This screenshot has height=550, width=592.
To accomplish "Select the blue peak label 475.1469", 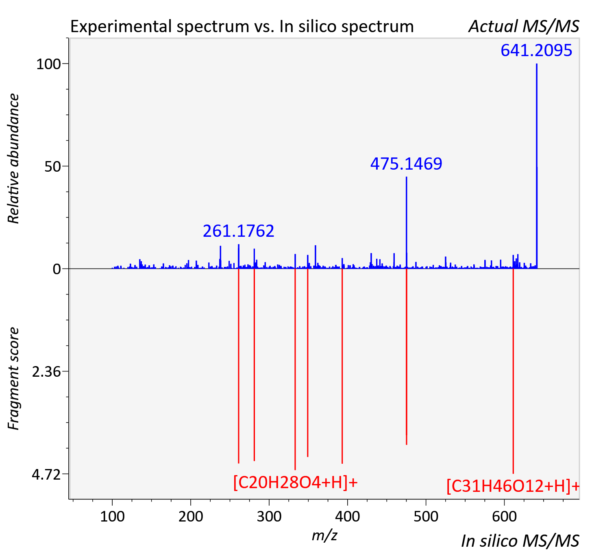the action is point(406,164).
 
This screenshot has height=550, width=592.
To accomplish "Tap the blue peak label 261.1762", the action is point(239,231).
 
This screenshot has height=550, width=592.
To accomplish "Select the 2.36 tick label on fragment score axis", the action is point(46,372).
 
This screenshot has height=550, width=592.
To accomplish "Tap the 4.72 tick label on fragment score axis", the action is point(46,474).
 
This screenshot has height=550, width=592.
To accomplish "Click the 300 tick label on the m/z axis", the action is point(269,516).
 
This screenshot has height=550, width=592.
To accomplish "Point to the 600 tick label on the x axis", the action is point(504,516).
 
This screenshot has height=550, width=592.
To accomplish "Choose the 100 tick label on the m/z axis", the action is point(112,516).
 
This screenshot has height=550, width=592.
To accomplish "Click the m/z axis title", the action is point(324,535).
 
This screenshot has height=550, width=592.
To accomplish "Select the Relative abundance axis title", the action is point(13,159).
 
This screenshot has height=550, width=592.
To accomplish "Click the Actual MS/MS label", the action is point(524,26).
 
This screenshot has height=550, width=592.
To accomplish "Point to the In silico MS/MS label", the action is point(520,541).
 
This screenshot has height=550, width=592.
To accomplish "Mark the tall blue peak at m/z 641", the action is point(537,166).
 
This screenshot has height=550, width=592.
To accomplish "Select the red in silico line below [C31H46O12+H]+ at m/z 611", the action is point(513,371).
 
